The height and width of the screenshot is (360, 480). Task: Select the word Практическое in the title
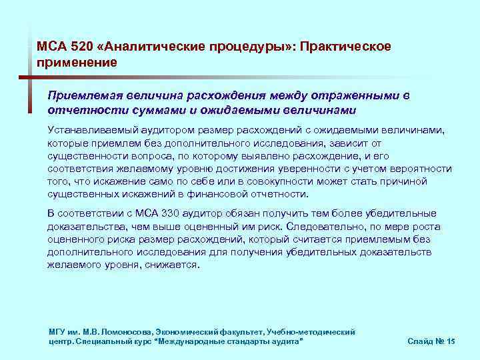pos(346,47)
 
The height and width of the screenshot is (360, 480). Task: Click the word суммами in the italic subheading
pos(179,109)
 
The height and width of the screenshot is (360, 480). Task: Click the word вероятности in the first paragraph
pos(423,169)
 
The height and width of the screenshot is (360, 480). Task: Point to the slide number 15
pos(451,341)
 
